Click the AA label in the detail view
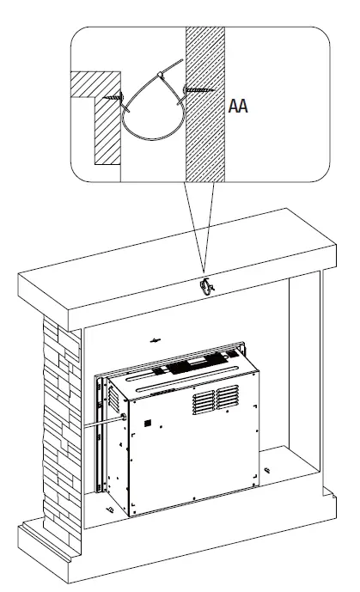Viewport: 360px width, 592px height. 240,110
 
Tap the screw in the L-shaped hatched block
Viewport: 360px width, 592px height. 112,98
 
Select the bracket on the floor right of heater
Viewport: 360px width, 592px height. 268,469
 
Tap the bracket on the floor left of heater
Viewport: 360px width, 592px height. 111,508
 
